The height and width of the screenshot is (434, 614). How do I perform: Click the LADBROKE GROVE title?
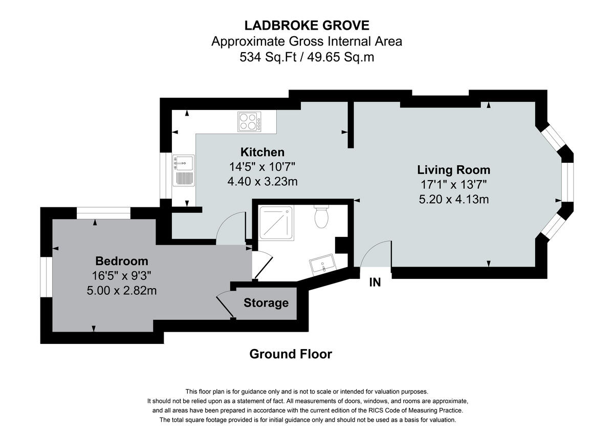click(x=306, y=25)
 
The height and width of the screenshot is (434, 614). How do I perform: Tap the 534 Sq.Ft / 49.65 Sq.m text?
click(x=306, y=57)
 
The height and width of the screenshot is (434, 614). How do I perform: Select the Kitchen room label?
click(x=262, y=152)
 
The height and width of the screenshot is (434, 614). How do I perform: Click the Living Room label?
click(x=453, y=170)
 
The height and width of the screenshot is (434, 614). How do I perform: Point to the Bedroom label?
click(x=121, y=261)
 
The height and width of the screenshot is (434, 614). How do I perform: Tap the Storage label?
click(x=266, y=303)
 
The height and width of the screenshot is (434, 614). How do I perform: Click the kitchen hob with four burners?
click(x=249, y=122)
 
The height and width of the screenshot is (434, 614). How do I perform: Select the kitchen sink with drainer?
click(x=183, y=170)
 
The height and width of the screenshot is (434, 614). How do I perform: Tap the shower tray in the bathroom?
click(x=276, y=224)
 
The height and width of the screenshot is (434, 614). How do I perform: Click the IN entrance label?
click(x=375, y=282)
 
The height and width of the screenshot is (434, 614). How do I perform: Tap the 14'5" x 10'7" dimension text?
click(x=262, y=166)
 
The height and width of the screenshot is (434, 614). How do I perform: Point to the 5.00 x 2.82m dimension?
click(x=121, y=291)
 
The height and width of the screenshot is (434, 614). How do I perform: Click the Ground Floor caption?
click(x=290, y=354)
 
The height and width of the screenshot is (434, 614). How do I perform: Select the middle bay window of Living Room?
click(x=567, y=182)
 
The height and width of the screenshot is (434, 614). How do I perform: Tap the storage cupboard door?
click(x=225, y=305)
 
